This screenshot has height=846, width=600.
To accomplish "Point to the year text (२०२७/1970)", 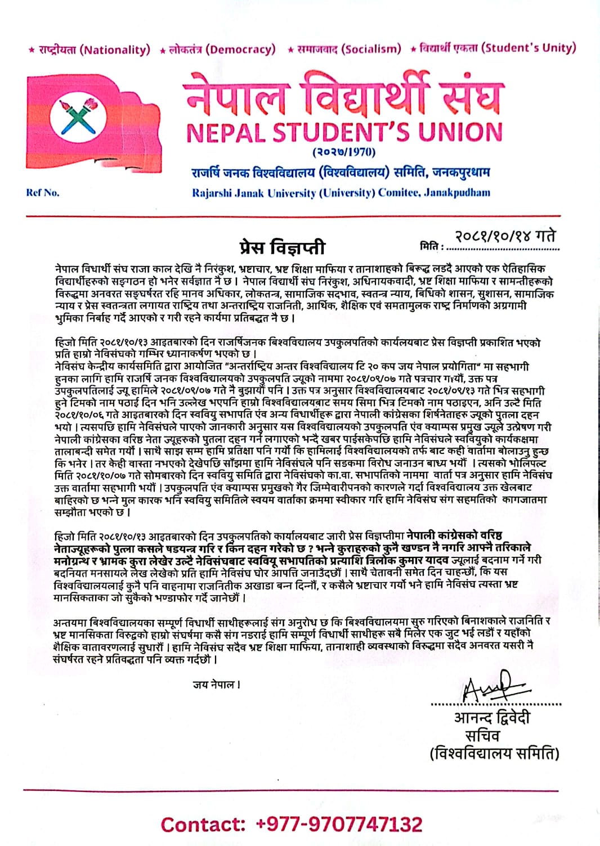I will (x=344, y=152).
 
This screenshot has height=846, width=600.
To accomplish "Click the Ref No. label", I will (x=43, y=193).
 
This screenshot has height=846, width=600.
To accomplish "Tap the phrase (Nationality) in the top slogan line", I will (x=115, y=49).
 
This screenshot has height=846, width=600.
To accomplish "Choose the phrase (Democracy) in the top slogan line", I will (x=241, y=49).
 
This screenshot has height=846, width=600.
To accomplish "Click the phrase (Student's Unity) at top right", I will (x=530, y=47).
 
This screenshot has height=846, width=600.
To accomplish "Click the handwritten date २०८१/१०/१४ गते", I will (x=505, y=236).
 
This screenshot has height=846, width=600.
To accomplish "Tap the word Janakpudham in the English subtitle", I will (x=456, y=193).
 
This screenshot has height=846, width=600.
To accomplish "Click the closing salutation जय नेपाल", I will (x=217, y=685).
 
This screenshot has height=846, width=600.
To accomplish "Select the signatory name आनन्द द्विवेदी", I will (x=491, y=718).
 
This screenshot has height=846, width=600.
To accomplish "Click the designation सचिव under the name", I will (x=482, y=736).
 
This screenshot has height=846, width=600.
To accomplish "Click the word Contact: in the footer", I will (x=203, y=825).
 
